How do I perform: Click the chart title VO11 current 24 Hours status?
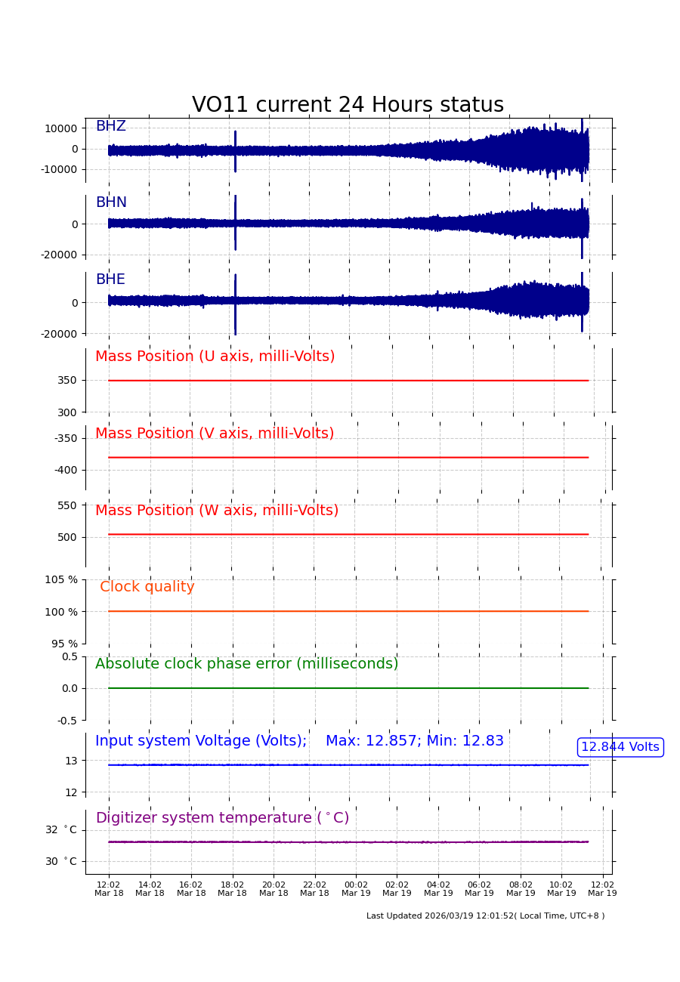tap(348, 105)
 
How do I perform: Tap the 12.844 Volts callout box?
tap(620, 747)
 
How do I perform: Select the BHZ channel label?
tap(110, 126)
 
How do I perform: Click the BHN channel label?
tap(111, 202)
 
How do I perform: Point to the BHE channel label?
tap(110, 279)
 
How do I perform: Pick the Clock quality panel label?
tap(147, 587)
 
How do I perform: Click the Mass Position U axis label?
tap(215, 357)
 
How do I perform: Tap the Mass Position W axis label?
tap(217, 511)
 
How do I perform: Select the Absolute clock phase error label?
tap(246, 664)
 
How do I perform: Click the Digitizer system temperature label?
tap(222, 818)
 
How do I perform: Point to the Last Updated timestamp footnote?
tap(485, 916)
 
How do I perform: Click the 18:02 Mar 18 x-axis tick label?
tap(232, 889)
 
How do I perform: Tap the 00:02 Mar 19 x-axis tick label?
tap(356, 889)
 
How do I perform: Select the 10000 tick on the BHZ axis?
tap(60, 128)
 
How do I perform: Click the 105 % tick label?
tap(61, 579)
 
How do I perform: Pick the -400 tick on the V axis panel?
tap(65, 470)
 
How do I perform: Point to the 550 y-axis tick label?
tap(67, 505)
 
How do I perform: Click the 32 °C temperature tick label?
tap(61, 829)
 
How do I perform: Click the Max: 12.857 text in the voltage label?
tap(371, 741)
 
